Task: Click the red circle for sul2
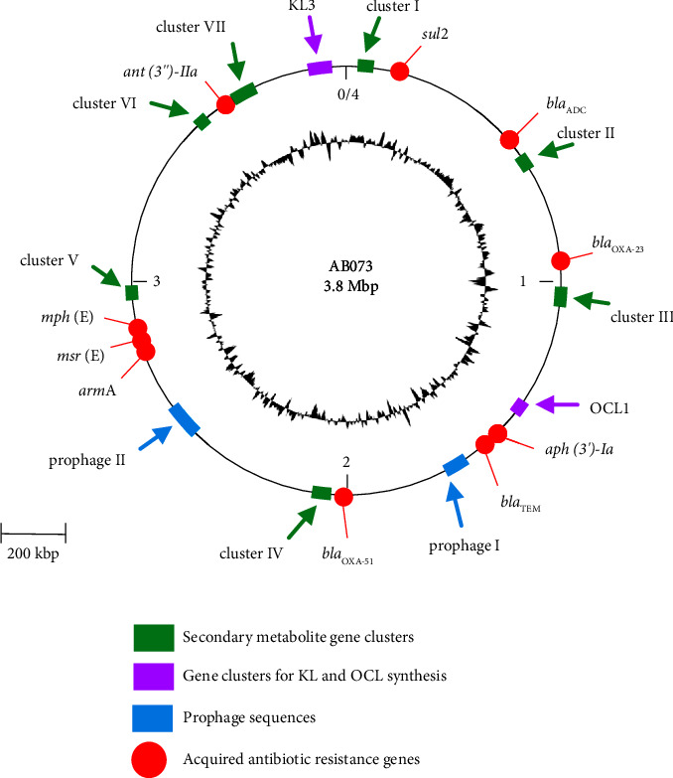[400, 71]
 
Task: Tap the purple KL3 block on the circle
[319, 69]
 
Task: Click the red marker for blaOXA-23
[560, 261]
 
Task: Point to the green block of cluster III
[560, 296]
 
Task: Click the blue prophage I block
[455, 463]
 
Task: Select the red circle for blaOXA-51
[343, 496]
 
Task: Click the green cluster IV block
[321, 493]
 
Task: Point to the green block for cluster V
[131, 292]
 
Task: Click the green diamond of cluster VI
[202, 121]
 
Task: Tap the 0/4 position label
[347, 95]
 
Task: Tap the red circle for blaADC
[509, 140]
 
